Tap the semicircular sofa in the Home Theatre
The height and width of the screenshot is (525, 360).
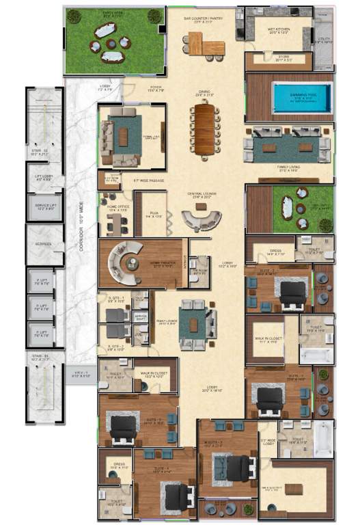(x=124, y=263)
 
